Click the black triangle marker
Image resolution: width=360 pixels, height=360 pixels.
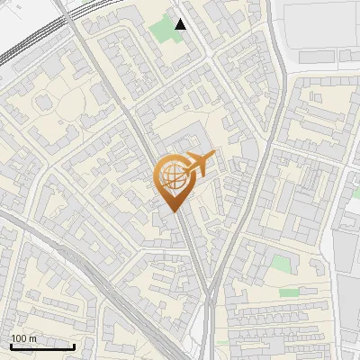pyautogui.click(x=181, y=24)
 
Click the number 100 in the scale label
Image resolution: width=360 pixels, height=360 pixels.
pyautogui.click(x=19, y=338)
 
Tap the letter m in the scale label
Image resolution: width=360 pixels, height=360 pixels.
pyautogui.click(x=33, y=338)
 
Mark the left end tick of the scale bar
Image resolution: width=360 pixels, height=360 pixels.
pyautogui.click(x=11, y=346)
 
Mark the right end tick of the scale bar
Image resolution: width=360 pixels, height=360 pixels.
pyautogui.click(x=75, y=346)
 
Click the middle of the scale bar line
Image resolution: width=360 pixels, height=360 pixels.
pyautogui.click(x=42, y=347)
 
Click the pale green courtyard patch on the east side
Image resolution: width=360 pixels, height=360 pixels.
pyautogui.click(x=282, y=264)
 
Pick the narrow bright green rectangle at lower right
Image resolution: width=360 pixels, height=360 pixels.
pyautogui.click(x=289, y=292)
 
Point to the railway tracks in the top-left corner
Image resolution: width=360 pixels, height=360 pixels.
pyautogui.click(x=27, y=40)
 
